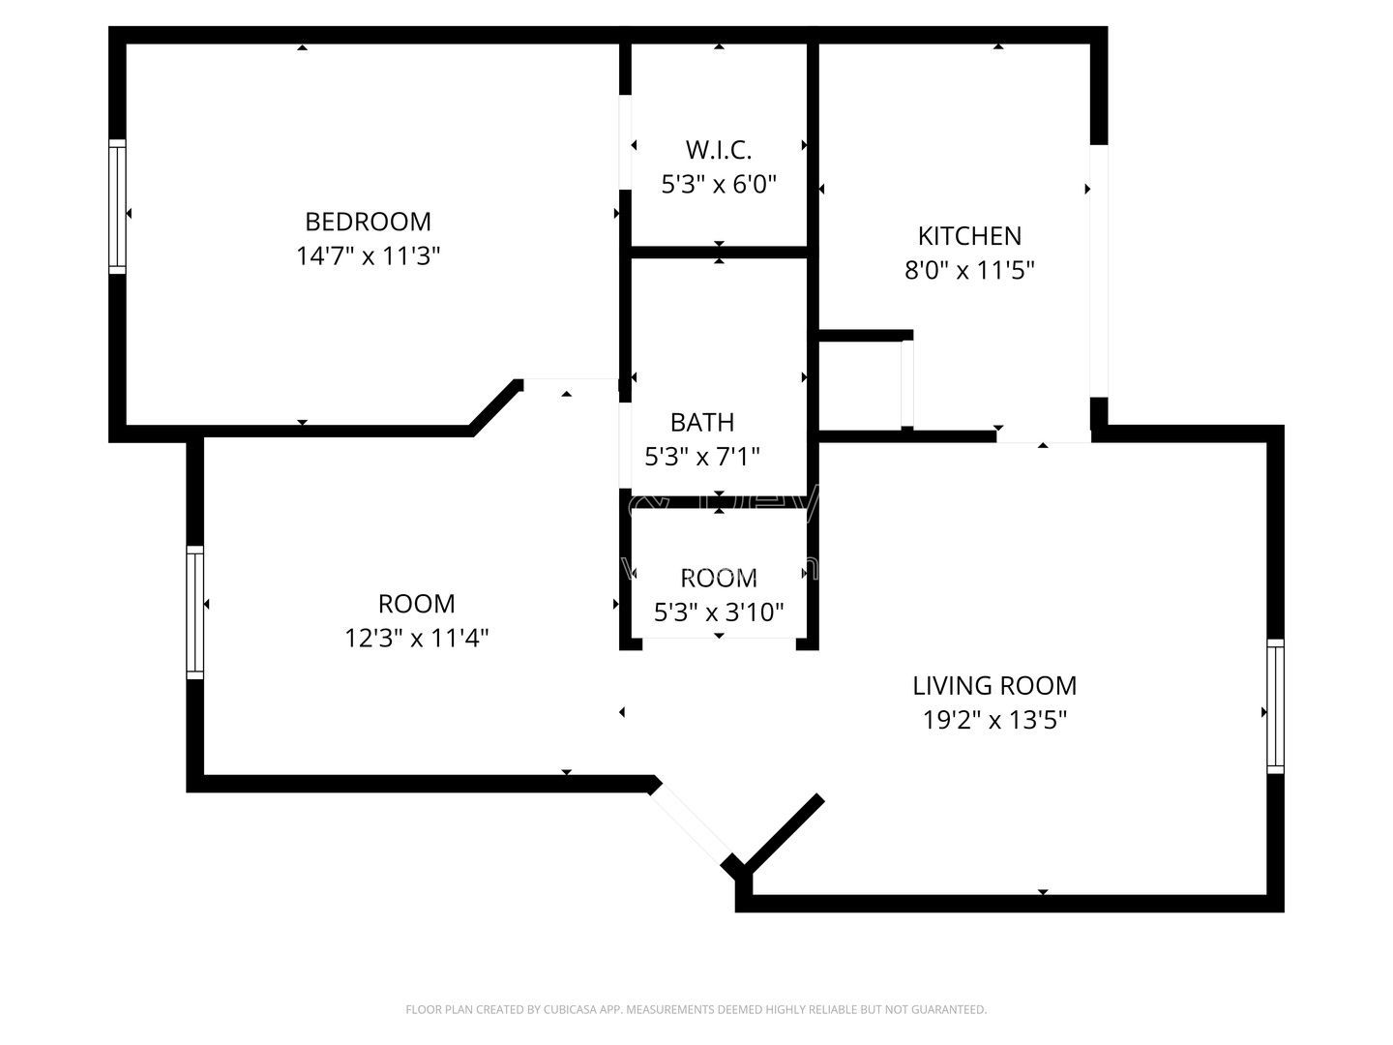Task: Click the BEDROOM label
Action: (x=368, y=222)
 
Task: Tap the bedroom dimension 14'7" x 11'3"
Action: (x=368, y=256)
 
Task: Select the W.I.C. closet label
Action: (x=719, y=150)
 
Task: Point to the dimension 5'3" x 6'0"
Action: (x=719, y=184)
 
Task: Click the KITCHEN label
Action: (x=969, y=236)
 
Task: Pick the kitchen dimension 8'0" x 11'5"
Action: (x=969, y=271)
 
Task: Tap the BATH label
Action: (x=702, y=422)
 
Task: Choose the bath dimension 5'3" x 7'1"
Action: (x=702, y=456)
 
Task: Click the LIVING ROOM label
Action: (x=994, y=685)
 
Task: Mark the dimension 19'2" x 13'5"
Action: (x=994, y=720)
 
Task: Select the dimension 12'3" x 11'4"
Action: (x=416, y=639)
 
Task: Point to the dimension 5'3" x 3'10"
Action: (x=719, y=612)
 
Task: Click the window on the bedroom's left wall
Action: (x=117, y=206)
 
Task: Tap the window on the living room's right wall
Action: (x=1276, y=705)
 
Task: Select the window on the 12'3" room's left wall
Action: (x=195, y=612)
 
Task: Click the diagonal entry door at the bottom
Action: (x=691, y=821)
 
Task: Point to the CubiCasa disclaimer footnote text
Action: (x=696, y=1009)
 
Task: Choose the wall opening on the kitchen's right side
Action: (x=1099, y=271)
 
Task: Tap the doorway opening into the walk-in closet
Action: (x=626, y=142)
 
